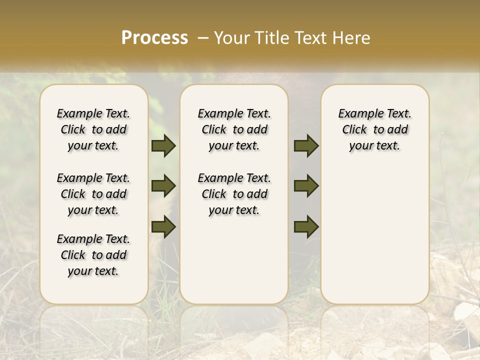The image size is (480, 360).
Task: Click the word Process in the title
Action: [154, 38]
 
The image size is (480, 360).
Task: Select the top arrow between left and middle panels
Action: [163, 146]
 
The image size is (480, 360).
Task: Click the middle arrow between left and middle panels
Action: [163, 186]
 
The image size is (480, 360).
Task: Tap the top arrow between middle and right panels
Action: [306, 146]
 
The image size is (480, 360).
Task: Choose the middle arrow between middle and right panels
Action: [306, 186]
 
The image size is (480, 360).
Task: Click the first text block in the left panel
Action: [93, 129]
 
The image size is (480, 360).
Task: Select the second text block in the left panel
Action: [93, 194]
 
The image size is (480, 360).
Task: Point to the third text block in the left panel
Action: [93, 255]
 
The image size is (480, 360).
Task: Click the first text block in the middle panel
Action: [234, 129]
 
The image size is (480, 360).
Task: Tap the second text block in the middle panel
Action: [234, 194]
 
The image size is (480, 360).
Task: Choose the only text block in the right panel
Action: [374, 129]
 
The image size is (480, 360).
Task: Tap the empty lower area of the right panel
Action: [374, 235]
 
